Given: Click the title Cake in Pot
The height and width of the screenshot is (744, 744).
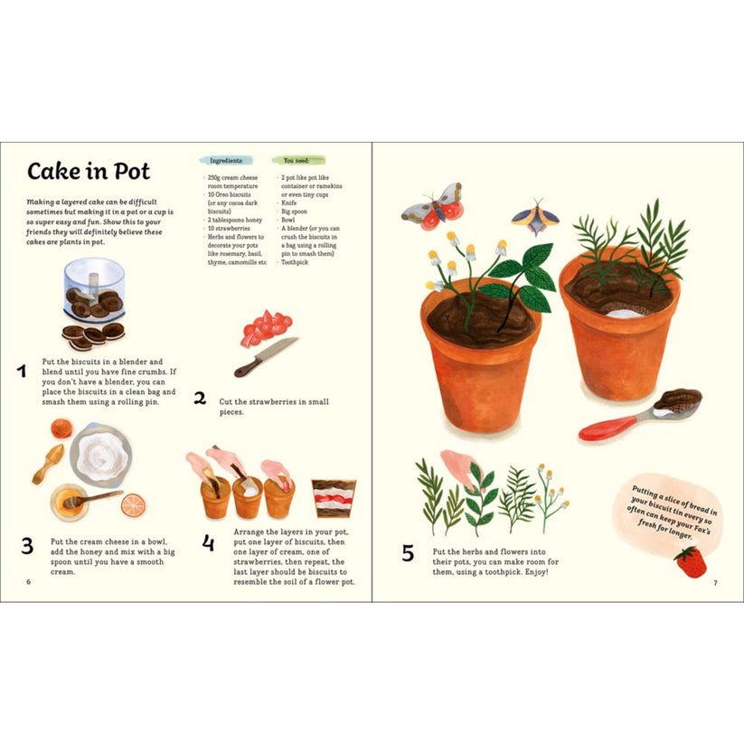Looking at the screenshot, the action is point(89,171).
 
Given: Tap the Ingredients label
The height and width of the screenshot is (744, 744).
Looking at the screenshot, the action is point(226,161).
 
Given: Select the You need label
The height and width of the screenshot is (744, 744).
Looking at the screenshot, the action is point(297,161).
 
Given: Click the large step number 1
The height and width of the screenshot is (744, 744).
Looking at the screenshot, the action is point(22,371).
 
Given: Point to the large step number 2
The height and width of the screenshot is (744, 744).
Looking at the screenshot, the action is point(200,398).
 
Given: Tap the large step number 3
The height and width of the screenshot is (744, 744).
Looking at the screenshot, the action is point(27,546).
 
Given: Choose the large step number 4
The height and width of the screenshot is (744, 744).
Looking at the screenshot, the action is point(208,542).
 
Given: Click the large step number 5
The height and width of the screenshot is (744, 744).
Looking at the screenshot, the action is point(408,553).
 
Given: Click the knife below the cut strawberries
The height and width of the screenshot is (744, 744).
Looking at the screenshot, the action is point(266,357).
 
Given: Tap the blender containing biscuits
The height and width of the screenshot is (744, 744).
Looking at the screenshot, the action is point(94,290).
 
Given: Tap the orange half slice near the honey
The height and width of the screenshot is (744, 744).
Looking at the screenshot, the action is point(133,505).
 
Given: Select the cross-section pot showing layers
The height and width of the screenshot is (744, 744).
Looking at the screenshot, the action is point(334,498).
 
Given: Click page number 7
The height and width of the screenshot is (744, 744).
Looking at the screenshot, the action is point(716,583).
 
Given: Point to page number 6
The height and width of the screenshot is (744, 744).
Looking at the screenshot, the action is point(28,581).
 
